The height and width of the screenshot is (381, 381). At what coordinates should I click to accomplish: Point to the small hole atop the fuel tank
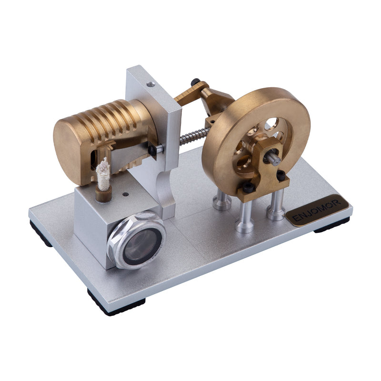125,194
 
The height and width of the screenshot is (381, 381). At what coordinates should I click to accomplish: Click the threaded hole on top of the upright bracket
151,84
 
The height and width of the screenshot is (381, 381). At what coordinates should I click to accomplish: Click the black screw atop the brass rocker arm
195,81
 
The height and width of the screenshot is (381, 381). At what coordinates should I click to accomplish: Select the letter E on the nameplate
294,219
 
